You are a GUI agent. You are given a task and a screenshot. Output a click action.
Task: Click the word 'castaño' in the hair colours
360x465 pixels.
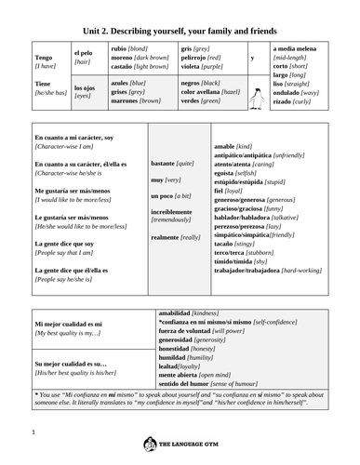tap(124, 66)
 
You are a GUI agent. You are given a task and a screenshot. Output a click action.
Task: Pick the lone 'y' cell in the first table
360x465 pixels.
tap(253, 57)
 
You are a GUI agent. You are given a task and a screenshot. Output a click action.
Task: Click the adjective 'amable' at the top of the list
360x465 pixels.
tap(224, 146)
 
